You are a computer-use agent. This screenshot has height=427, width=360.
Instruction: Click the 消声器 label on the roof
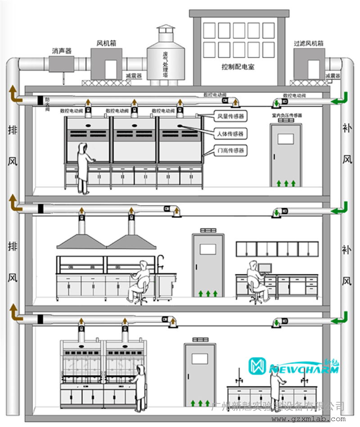point(62,51)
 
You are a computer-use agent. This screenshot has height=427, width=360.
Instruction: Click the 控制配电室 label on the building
point(238,67)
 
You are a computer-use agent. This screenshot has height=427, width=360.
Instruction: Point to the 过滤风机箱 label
point(308,44)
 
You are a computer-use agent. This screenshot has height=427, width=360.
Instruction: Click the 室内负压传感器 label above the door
point(287,115)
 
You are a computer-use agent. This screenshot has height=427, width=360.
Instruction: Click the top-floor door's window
point(285,139)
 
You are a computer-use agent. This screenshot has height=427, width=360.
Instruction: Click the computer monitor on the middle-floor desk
point(264,268)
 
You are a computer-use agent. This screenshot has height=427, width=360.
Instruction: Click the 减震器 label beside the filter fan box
point(333,76)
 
